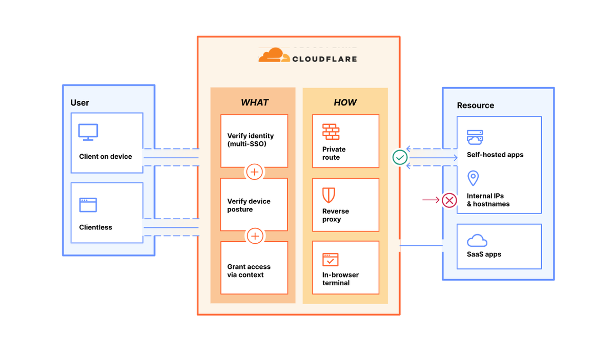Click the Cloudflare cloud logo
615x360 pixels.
271,55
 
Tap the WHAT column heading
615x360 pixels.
254,102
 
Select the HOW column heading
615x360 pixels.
345,102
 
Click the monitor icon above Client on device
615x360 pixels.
88,132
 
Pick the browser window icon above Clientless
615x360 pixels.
88,205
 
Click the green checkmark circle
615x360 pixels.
400,157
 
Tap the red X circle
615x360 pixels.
449,200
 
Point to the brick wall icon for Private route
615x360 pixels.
331,132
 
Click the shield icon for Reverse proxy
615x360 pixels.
329,195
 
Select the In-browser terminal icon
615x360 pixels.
331,259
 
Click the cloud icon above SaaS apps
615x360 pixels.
477,240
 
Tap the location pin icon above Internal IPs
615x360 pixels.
473,178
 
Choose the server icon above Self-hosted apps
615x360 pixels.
475,137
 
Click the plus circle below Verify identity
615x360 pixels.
255,172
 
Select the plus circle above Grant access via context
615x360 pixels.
255,236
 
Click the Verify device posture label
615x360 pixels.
249,205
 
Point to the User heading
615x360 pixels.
80,103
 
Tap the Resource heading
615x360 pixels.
475,105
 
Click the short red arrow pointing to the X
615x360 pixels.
430,200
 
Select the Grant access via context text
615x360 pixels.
249,271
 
